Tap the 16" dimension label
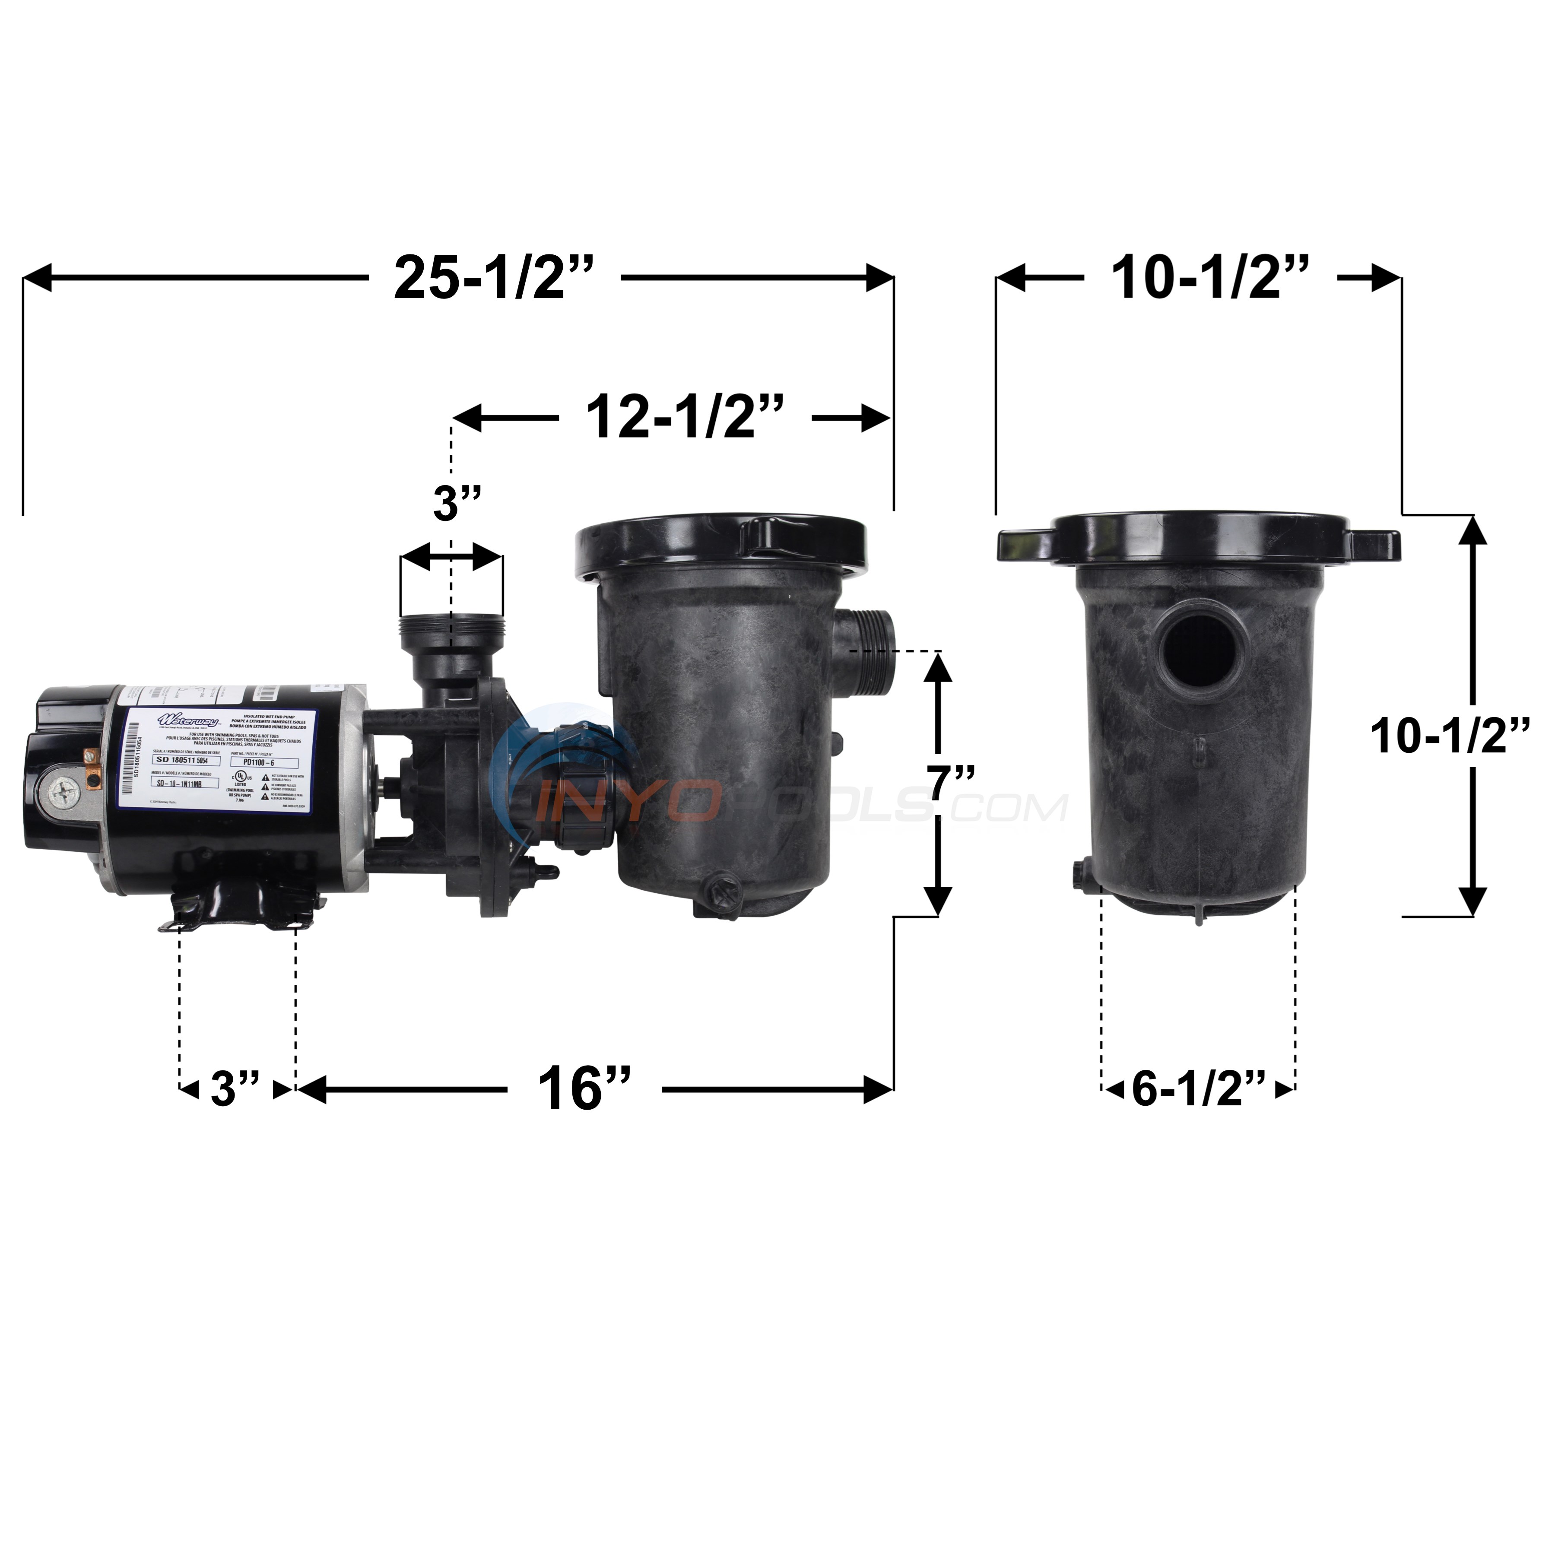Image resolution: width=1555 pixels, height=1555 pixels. [x=584, y=1088]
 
